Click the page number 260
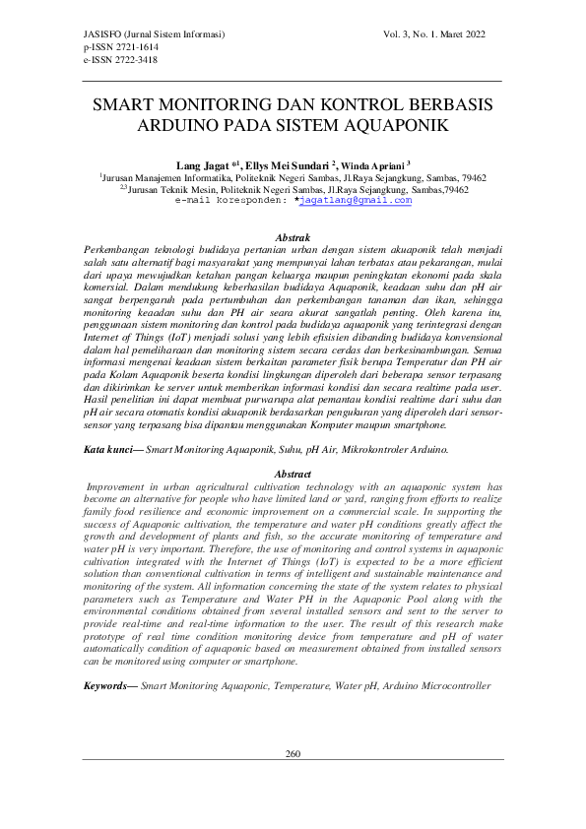pyautogui.click(x=293, y=754)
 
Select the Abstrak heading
pyautogui.click(x=293, y=238)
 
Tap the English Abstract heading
pyautogui.click(x=293, y=475)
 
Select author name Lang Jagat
pyautogui.click(x=200, y=165)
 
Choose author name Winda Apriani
pyautogui.click(x=376, y=165)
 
